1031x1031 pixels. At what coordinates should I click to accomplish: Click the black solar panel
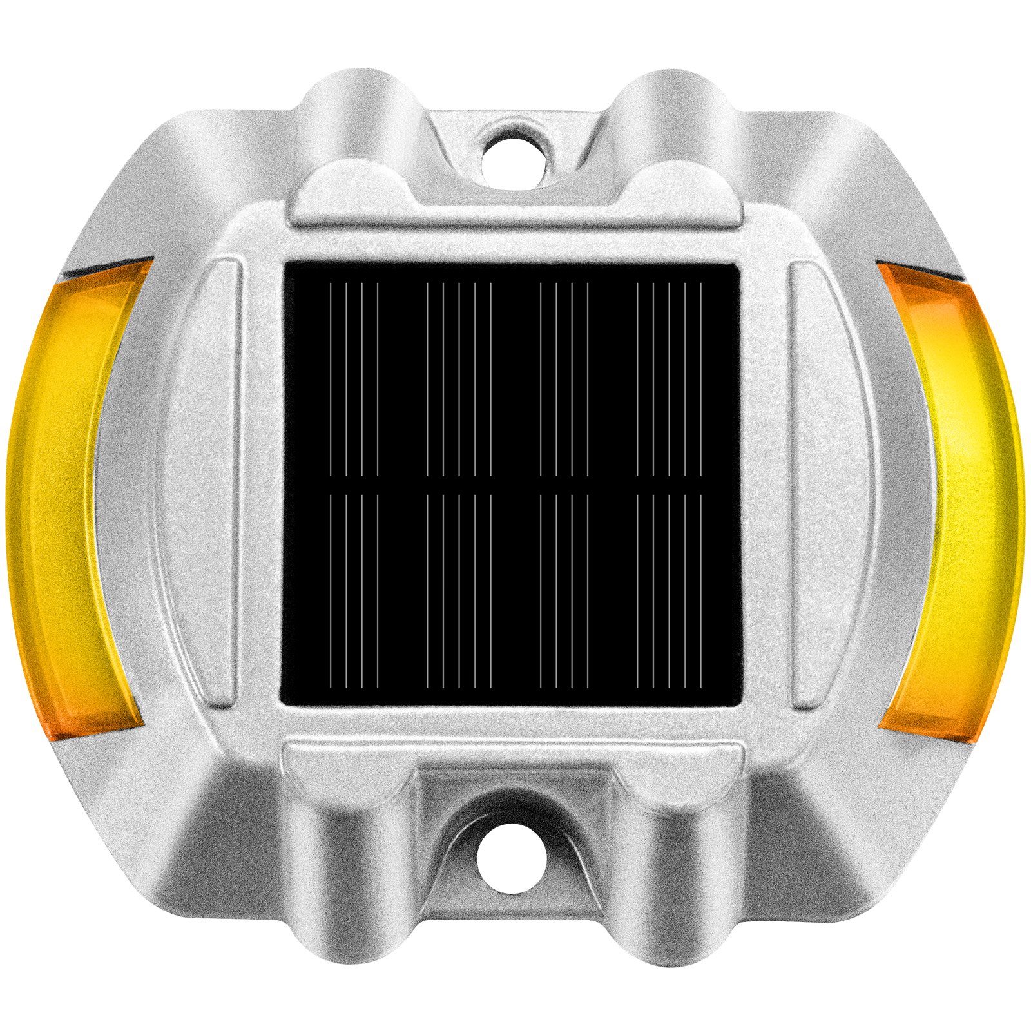512,483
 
